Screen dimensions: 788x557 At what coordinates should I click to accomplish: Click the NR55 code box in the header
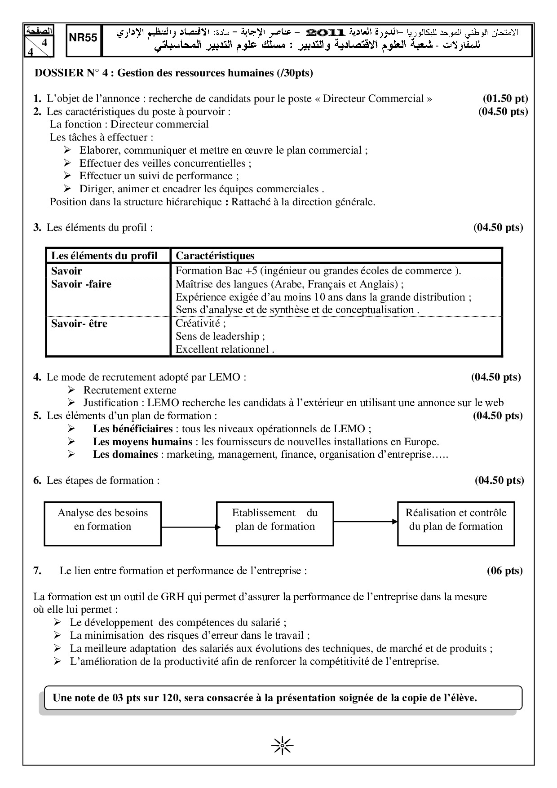84,40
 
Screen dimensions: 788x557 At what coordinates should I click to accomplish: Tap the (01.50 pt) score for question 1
505,98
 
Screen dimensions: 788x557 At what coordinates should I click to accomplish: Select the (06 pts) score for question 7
505,571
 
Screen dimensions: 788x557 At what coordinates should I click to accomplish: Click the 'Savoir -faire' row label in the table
81,284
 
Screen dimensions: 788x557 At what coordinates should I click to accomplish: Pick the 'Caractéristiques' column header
215,256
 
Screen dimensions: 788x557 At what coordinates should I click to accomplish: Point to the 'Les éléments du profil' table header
104,256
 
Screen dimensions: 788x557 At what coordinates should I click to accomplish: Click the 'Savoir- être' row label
79,323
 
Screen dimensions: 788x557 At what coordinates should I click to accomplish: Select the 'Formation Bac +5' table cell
318,270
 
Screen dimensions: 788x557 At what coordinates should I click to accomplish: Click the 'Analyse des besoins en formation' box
102,520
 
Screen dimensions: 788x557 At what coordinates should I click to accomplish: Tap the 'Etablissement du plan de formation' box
275,520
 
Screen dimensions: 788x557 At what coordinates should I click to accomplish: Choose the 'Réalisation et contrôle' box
456,520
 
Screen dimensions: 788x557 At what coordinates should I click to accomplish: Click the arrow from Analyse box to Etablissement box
189,527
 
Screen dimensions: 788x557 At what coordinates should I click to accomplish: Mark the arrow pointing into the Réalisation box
366,521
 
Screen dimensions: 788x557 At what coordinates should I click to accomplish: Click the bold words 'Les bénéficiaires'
133,429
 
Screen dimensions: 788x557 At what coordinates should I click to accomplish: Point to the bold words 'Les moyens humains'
142,442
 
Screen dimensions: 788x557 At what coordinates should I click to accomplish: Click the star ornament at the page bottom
283,746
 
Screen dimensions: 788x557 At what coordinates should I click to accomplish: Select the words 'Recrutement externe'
130,390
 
